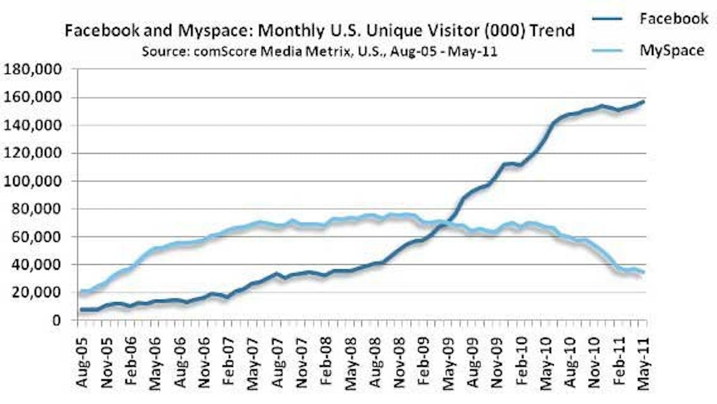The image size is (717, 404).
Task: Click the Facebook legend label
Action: tap(673, 19)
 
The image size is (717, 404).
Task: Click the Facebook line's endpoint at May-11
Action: tap(643, 102)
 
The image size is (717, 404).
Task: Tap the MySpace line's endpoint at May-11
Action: tap(643, 272)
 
